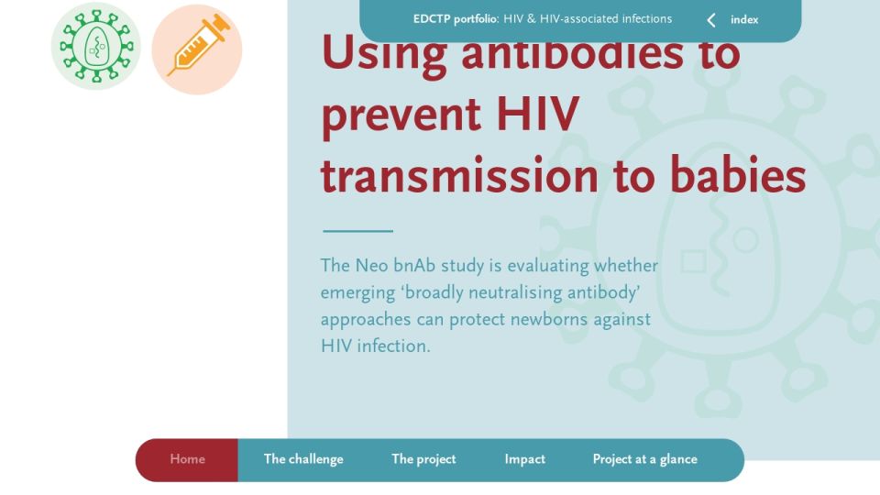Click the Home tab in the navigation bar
coord(187,459)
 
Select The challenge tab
coord(303,459)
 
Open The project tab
coord(423,459)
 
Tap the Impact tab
coord(524,459)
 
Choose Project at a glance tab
coord(644,459)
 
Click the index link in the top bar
coord(744,19)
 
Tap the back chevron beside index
coord(711,20)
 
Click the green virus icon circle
coord(96,46)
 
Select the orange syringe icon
coord(197,49)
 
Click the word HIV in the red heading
coord(538,114)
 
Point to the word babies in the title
coord(738,174)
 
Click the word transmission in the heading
coord(459,174)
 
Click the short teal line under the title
coord(358,231)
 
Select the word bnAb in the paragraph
coord(414,265)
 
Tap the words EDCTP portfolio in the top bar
coord(456,19)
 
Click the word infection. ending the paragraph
coord(393,346)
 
